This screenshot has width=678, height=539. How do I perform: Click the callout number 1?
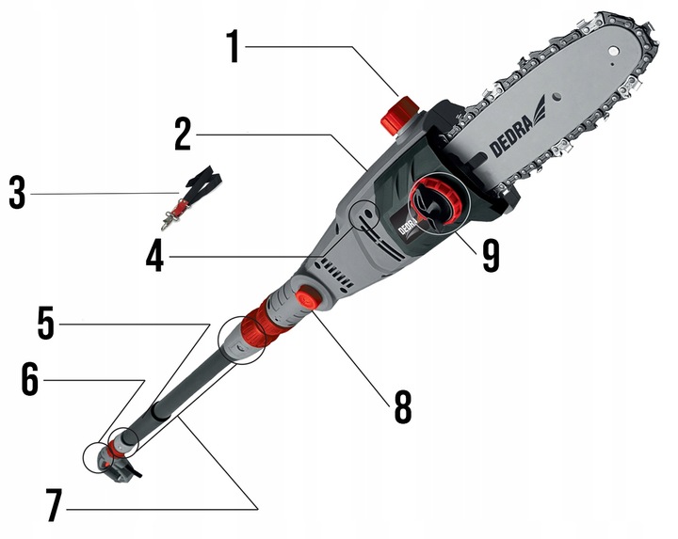234,46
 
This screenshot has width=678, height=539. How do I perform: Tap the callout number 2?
183,135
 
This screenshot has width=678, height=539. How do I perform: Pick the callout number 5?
46,323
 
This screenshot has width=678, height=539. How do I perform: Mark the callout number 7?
55,505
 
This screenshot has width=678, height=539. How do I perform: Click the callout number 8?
403,407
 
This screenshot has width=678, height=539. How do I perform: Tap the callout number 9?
491,256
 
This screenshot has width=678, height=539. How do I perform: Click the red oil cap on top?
398,114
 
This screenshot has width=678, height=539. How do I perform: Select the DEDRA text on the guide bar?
511,135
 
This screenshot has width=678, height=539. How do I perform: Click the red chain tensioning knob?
437,200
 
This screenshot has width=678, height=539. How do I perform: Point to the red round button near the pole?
308,297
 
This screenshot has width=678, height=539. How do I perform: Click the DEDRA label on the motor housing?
407,226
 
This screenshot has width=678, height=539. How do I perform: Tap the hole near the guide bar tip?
612,51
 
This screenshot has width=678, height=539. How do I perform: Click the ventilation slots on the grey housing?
336,272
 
